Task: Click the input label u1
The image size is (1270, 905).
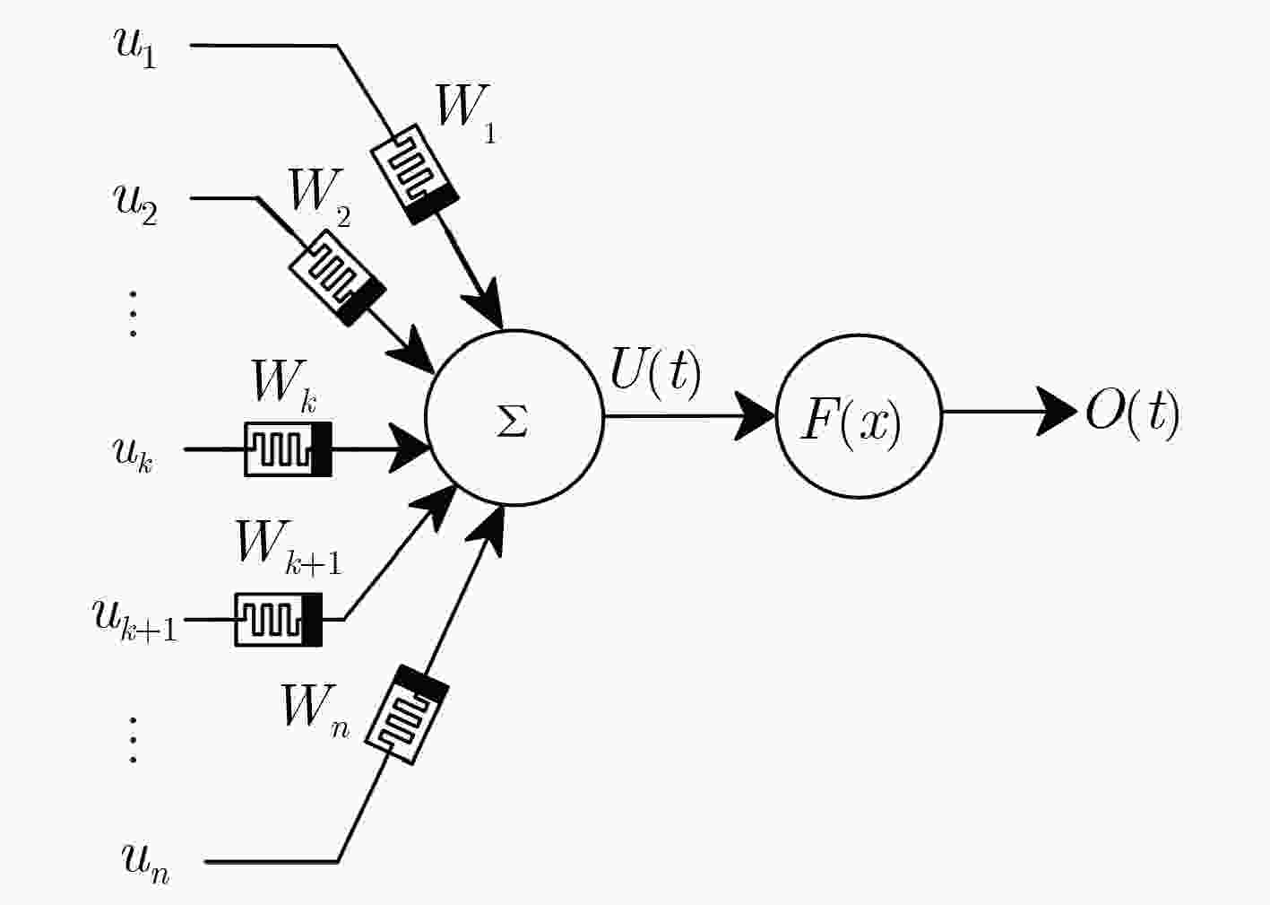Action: coord(135,48)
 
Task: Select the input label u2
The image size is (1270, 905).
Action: coord(135,204)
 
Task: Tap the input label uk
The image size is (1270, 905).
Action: coord(133,455)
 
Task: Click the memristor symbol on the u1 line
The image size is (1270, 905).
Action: coord(415,174)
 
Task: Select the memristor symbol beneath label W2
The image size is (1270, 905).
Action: coord(338,277)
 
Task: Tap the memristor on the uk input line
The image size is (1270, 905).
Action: coord(288,449)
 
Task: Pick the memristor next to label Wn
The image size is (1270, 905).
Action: coord(407,715)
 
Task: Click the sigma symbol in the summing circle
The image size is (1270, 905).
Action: coord(512,422)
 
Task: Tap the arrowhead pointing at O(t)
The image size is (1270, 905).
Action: coord(1057,412)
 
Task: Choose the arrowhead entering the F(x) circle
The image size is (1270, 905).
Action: coord(755,416)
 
